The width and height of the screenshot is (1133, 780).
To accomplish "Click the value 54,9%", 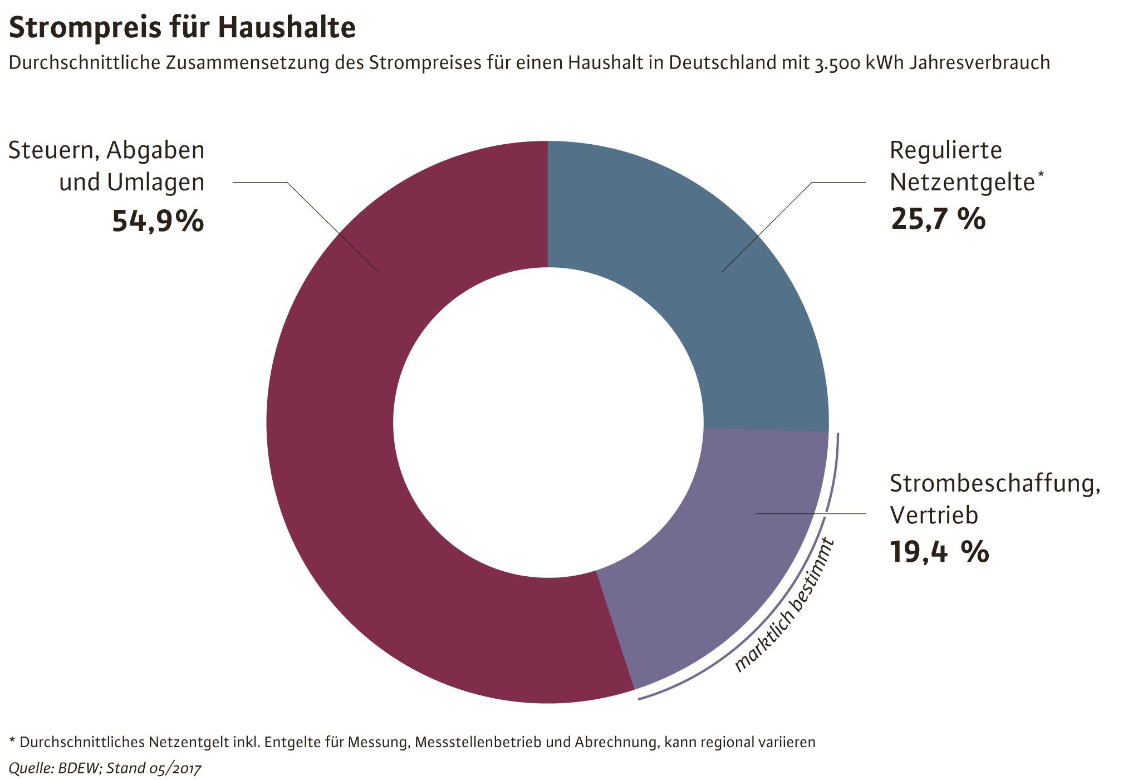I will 158,221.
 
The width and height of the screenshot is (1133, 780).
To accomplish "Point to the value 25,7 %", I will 938,219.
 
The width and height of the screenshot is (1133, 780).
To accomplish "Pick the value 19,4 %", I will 939,552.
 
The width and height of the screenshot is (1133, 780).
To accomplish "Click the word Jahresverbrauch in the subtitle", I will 979,63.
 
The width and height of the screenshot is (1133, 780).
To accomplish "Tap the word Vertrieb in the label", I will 933,515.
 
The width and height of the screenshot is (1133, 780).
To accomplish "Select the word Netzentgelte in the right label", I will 962,183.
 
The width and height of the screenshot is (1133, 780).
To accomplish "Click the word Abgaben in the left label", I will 156,150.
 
